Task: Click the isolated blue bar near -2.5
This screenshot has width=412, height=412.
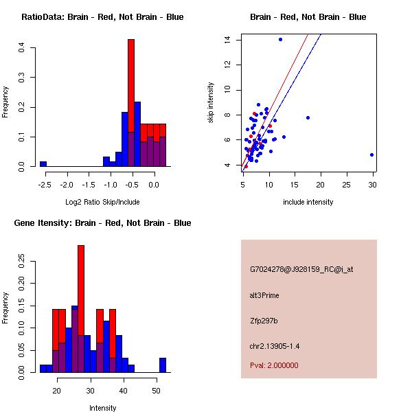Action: tap(43, 164)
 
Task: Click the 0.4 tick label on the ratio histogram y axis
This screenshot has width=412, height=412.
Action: tap(22, 48)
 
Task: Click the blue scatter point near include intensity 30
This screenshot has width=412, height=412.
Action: tap(371, 154)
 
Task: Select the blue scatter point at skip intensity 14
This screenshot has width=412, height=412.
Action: tap(280, 40)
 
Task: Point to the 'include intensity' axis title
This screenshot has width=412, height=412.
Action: tap(308, 202)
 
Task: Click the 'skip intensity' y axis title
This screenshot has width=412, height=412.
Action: tap(211, 103)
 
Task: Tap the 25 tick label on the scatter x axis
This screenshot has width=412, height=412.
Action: tap(346, 185)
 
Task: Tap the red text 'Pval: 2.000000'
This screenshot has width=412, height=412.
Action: tap(274, 365)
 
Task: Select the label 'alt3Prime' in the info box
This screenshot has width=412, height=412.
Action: tap(264, 295)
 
